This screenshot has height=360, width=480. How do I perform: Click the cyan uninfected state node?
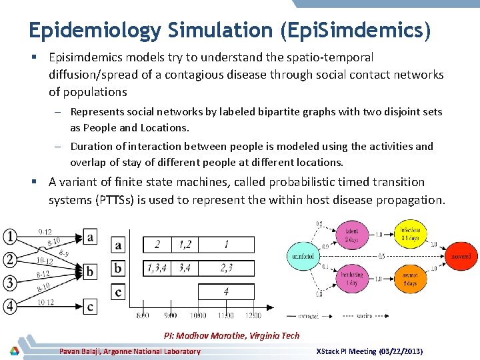pyautogui.click(x=303, y=256)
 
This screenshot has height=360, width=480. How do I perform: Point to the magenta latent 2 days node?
pyautogui.click(x=353, y=235)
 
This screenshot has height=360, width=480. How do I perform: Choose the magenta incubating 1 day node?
pyautogui.click(x=353, y=279)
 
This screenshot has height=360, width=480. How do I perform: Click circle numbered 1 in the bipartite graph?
pyautogui.click(x=9, y=236)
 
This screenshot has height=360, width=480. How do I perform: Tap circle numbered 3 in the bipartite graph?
pyautogui.click(x=9, y=283)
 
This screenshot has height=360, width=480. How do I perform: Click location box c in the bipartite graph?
pyautogui.click(x=90, y=307)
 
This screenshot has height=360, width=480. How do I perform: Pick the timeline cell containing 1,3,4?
pyautogui.click(x=157, y=268)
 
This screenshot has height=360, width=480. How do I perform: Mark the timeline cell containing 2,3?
pyautogui.click(x=226, y=268)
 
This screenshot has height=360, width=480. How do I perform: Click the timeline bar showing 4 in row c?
pyautogui.click(x=226, y=291)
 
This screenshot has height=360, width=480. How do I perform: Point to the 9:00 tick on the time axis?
pyautogui.click(x=171, y=315)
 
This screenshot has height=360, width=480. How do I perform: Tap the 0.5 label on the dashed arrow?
pyautogui.click(x=381, y=255)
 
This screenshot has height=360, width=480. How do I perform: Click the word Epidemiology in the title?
pyautogui.click(x=95, y=30)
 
